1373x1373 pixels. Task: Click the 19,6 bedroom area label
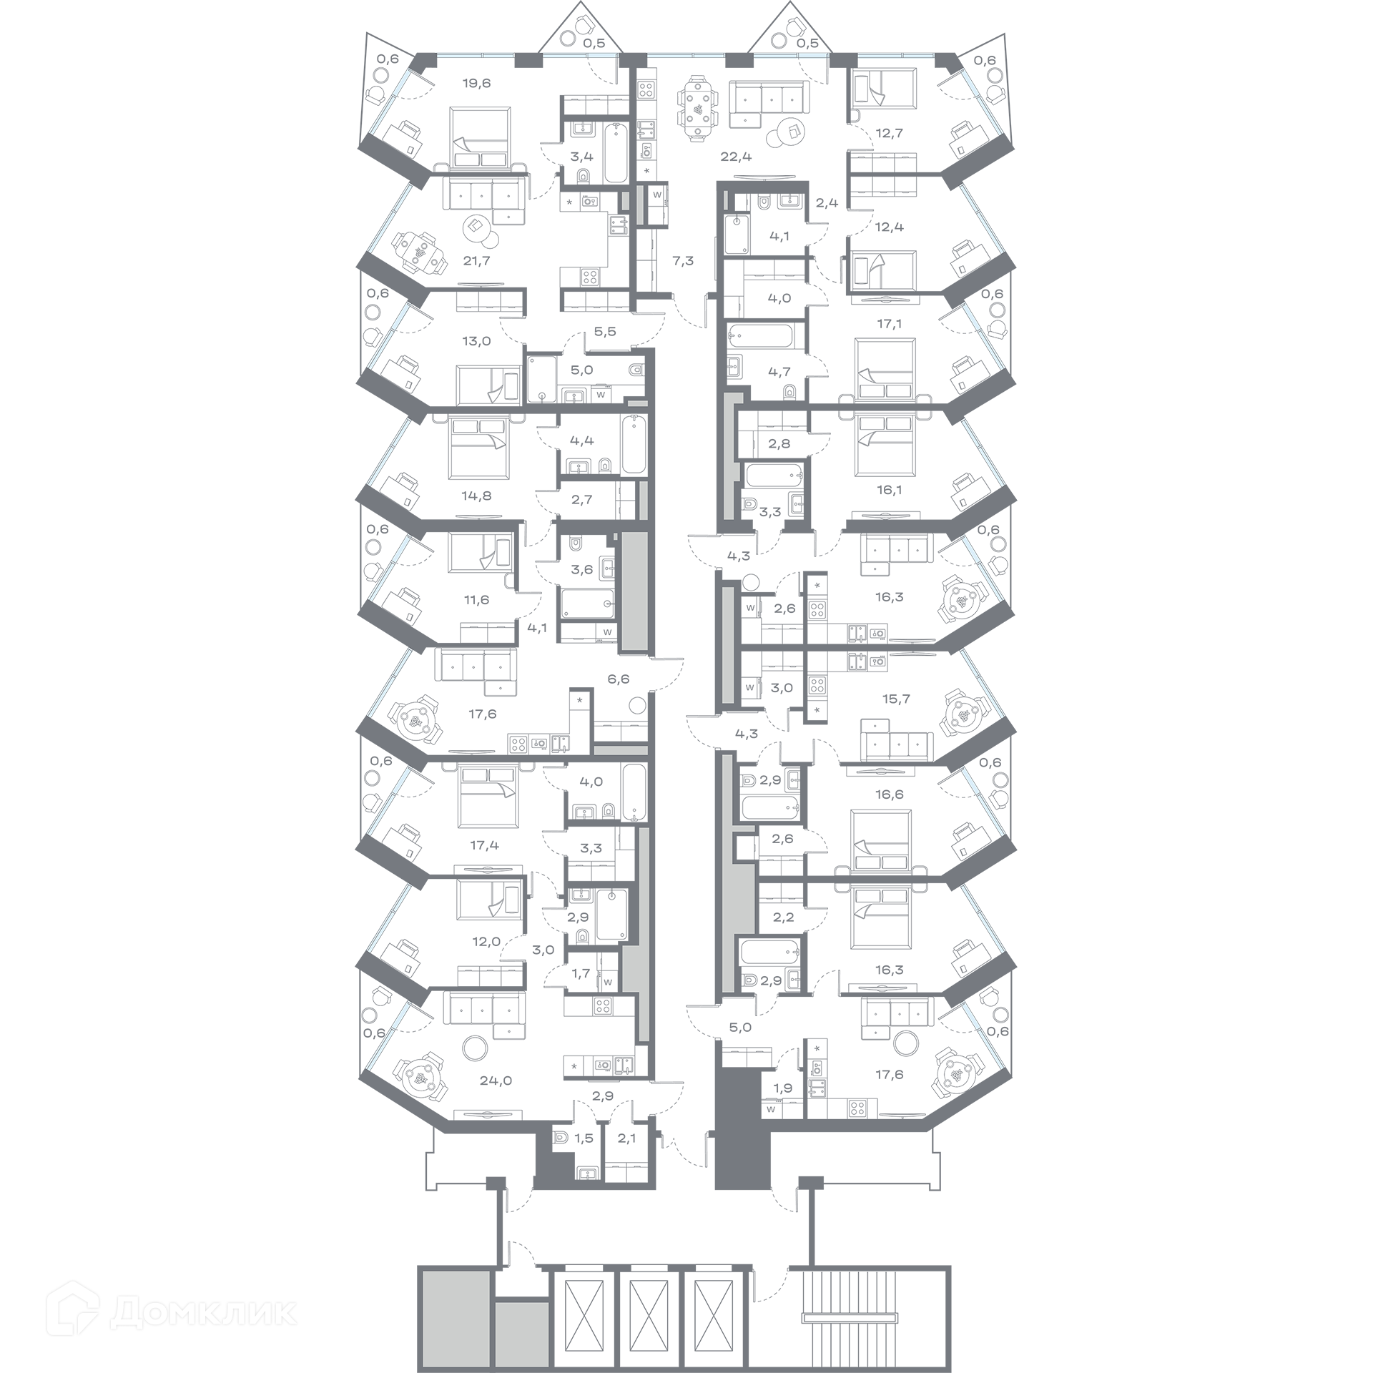coord(476,83)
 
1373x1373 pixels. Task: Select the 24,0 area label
coord(496,1081)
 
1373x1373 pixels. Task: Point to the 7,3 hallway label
coord(683,261)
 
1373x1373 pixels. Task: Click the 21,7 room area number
coord(476,261)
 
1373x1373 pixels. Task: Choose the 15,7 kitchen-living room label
coord(896,699)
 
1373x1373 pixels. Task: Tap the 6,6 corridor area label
coord(619,679)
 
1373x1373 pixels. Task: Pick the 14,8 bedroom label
coord(477,496)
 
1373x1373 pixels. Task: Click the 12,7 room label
coord(890,132)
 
